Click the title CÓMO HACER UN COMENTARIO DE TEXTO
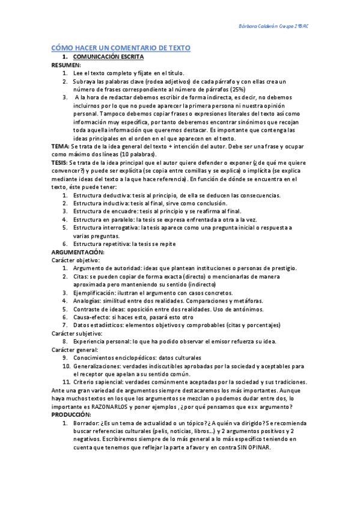[x=120, y=47]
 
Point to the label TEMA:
[x=60, y=146]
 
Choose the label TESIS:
[x=60, y=162]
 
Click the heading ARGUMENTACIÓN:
[x=78, y=252]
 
